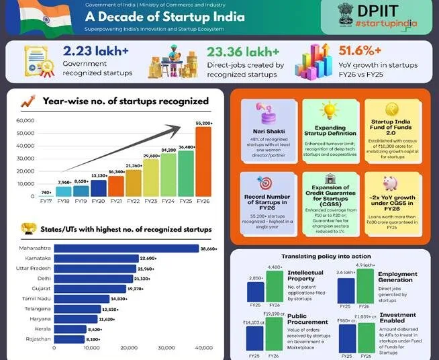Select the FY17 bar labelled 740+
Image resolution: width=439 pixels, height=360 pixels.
tap(45, 195)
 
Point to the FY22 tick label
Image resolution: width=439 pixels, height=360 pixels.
tap(133, 201)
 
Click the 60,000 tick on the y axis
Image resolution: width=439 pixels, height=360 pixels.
tap(25, 121)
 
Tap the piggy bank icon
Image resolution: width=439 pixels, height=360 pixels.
tap(390, 183)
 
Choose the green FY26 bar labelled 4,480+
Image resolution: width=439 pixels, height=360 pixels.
tap(275, 286)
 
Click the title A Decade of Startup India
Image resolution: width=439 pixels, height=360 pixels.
tap(164, 17)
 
